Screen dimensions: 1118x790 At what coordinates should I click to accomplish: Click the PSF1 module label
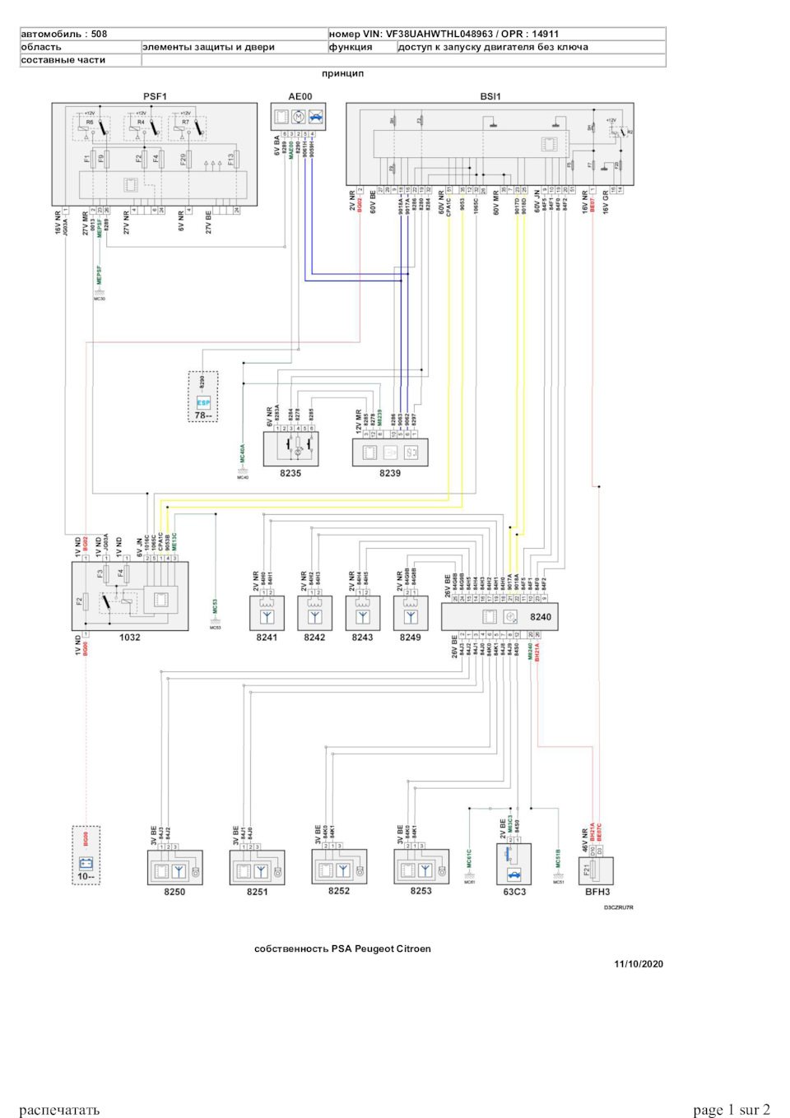coord(155,96)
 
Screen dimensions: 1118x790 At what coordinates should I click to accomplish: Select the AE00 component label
coord(300,96)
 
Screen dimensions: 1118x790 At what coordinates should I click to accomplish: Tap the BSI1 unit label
coord(490,96)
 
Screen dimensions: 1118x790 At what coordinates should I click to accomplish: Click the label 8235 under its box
coord(290,473)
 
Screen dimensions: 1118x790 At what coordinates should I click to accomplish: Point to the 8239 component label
coord(390,473)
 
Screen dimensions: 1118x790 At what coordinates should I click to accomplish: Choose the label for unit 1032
coord(129,638)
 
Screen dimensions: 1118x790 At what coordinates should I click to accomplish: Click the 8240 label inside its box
coord(541,616)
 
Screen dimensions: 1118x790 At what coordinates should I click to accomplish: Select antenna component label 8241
coord(267,638)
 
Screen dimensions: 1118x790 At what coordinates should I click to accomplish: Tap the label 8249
coord(410,638)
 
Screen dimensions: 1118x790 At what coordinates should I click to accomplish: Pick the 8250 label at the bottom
coord(174,892)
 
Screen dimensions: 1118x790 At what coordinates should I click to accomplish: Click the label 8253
coord(421,891)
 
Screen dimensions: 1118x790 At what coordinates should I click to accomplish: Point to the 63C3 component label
coord(514,892)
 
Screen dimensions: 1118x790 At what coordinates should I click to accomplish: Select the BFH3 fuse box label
coord(597,892)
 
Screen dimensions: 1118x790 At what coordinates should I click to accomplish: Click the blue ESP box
coord(203,402)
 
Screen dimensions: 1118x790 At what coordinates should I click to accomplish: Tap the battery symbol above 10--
coord(86,863)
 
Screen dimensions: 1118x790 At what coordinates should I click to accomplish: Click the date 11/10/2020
coord(639,964)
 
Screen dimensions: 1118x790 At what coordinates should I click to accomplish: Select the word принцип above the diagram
coord(342,73)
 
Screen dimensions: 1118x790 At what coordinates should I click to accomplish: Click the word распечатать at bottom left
coord(59,1110)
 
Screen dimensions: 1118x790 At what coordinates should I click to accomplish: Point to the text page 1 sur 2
coord(732,1110)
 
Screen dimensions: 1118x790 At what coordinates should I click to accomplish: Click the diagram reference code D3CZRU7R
coord(619,907)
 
